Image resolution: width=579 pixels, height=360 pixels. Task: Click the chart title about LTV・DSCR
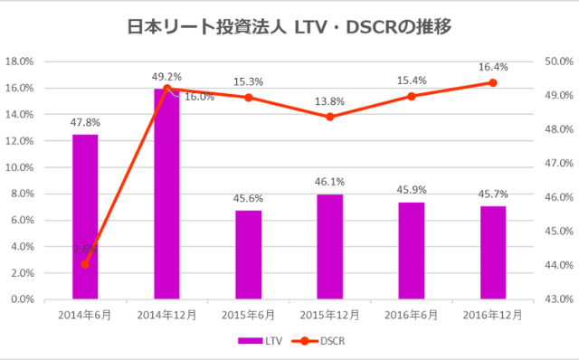289,27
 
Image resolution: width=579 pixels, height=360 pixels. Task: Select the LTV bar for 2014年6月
85,217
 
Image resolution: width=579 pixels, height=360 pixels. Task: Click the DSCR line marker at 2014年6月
85,264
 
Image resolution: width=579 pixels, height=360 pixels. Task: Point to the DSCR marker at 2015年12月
329,117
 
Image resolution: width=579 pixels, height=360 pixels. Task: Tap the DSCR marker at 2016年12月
492,82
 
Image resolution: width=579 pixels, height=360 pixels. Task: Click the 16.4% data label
492,66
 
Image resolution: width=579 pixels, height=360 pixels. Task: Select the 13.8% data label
329,100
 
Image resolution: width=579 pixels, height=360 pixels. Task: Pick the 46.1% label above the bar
329,181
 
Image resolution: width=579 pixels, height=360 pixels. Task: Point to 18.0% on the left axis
20,62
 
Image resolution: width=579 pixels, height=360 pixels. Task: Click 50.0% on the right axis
556,62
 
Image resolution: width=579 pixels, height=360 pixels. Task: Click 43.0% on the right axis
556,298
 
